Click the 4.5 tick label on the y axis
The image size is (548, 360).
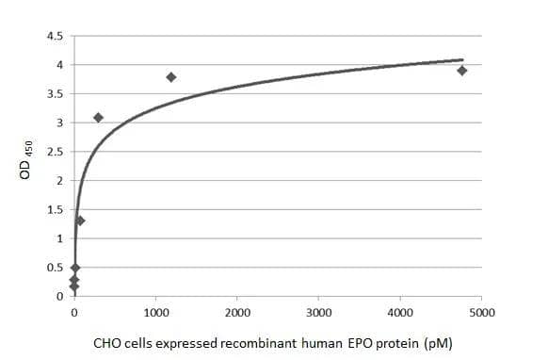(x=55, y=37)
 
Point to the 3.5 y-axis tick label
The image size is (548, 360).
(x=55, y=94)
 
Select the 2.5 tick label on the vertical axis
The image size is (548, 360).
(x=55, y=152)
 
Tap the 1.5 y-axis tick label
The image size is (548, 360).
(x=55, y=209)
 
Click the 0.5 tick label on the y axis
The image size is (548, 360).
(x=55, y=268)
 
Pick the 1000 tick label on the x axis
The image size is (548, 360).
(x=156, y=312)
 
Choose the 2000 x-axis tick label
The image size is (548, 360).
(x=237, y=312)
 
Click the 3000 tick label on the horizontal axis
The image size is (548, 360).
(x=319, y=312)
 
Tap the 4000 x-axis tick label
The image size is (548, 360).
(x=400, y=312)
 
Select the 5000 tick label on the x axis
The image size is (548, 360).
(x=481, y=312)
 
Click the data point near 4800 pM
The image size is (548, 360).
(x=462, y=71)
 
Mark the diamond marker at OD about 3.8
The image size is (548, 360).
(x=171, y=77)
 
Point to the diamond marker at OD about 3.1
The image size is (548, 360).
(x=98, y=118)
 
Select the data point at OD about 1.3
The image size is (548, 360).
(x=80, y=221)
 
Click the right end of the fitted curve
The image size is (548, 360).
(x=463, y=59)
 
